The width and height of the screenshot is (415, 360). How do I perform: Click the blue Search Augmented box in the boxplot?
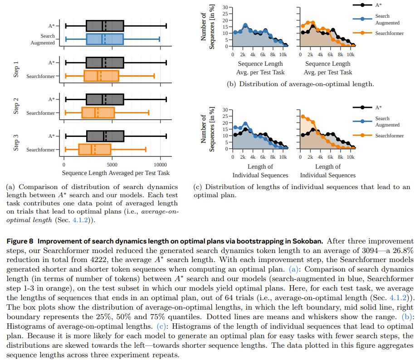pyautogui.click(x=105, y=39)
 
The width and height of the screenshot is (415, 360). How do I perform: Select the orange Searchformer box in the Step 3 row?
pyautogui.click(x=94, y=149)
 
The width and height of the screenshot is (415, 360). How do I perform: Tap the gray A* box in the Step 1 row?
pyautogui.click(x=105, y=63)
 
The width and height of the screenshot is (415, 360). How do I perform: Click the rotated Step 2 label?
pyautogui.click(x=16, y=106)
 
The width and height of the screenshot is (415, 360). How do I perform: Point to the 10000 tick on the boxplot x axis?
pyautogui.click(x=161, y=165)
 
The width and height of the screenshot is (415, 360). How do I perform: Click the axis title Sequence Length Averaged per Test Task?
pyautogui.click(x=116, y=173)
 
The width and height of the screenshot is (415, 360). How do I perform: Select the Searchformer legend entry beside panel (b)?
pyautogui.click(x=389, y=33)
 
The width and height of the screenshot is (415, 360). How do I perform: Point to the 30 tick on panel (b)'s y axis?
pyautogui.click(x=225, y=8)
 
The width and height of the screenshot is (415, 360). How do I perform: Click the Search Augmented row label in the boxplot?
pyautogui.click(x=43, y=39)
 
